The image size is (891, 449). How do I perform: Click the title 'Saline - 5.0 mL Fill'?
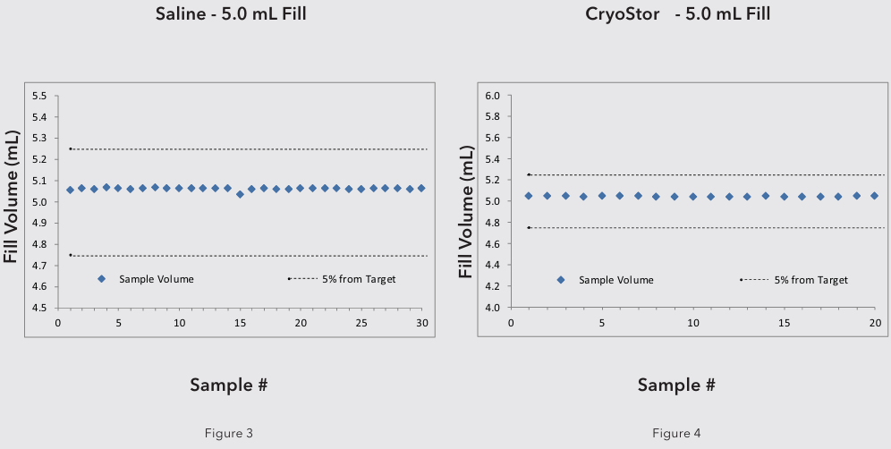228,14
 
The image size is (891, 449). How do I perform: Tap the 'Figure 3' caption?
230,434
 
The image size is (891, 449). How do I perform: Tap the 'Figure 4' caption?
676,434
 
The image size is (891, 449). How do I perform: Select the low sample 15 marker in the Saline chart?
240,194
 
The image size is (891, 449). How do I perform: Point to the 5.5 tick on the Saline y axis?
38,96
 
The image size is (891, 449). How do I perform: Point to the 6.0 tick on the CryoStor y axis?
492,96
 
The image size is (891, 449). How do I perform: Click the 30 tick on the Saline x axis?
421,322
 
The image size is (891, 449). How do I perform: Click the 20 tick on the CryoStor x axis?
875,322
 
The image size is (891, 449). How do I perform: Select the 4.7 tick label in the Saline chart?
38,266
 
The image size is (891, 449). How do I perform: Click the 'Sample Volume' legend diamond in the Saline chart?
101,279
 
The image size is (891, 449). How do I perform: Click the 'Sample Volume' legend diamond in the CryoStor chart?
561,280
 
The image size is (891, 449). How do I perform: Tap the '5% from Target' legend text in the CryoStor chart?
810,280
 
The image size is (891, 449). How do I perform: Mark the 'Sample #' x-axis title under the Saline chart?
228,385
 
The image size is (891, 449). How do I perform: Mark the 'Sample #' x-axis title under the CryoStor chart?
676,385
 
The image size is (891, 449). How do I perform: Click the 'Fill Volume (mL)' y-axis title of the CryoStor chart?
466,201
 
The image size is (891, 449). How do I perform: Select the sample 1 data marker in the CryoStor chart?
529,196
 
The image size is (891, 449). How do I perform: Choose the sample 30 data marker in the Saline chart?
421,189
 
